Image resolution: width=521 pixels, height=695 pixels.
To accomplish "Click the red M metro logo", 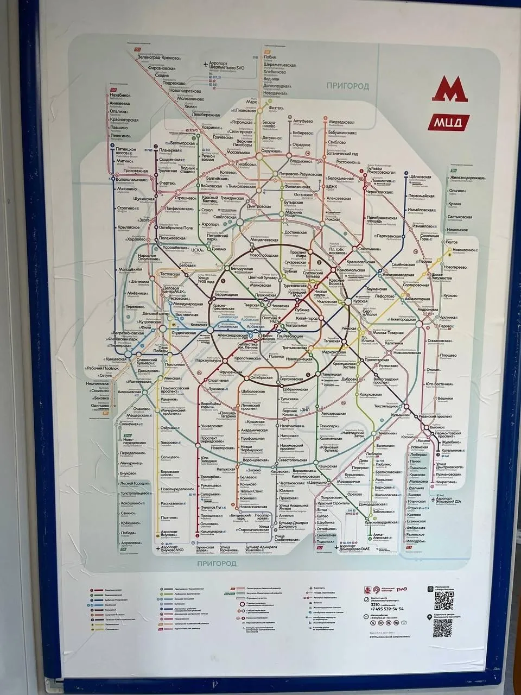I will click(449, 90).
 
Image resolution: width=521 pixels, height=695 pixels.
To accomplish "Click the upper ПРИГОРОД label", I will click(347, 86).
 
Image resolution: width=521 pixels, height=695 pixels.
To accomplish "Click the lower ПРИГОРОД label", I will click(217, 564).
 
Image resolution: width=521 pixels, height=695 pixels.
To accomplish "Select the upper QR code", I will click(442, 600).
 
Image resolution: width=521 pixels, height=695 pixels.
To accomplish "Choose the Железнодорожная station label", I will click(466, 178).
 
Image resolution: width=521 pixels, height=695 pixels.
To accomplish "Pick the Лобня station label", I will click(270, 57).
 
